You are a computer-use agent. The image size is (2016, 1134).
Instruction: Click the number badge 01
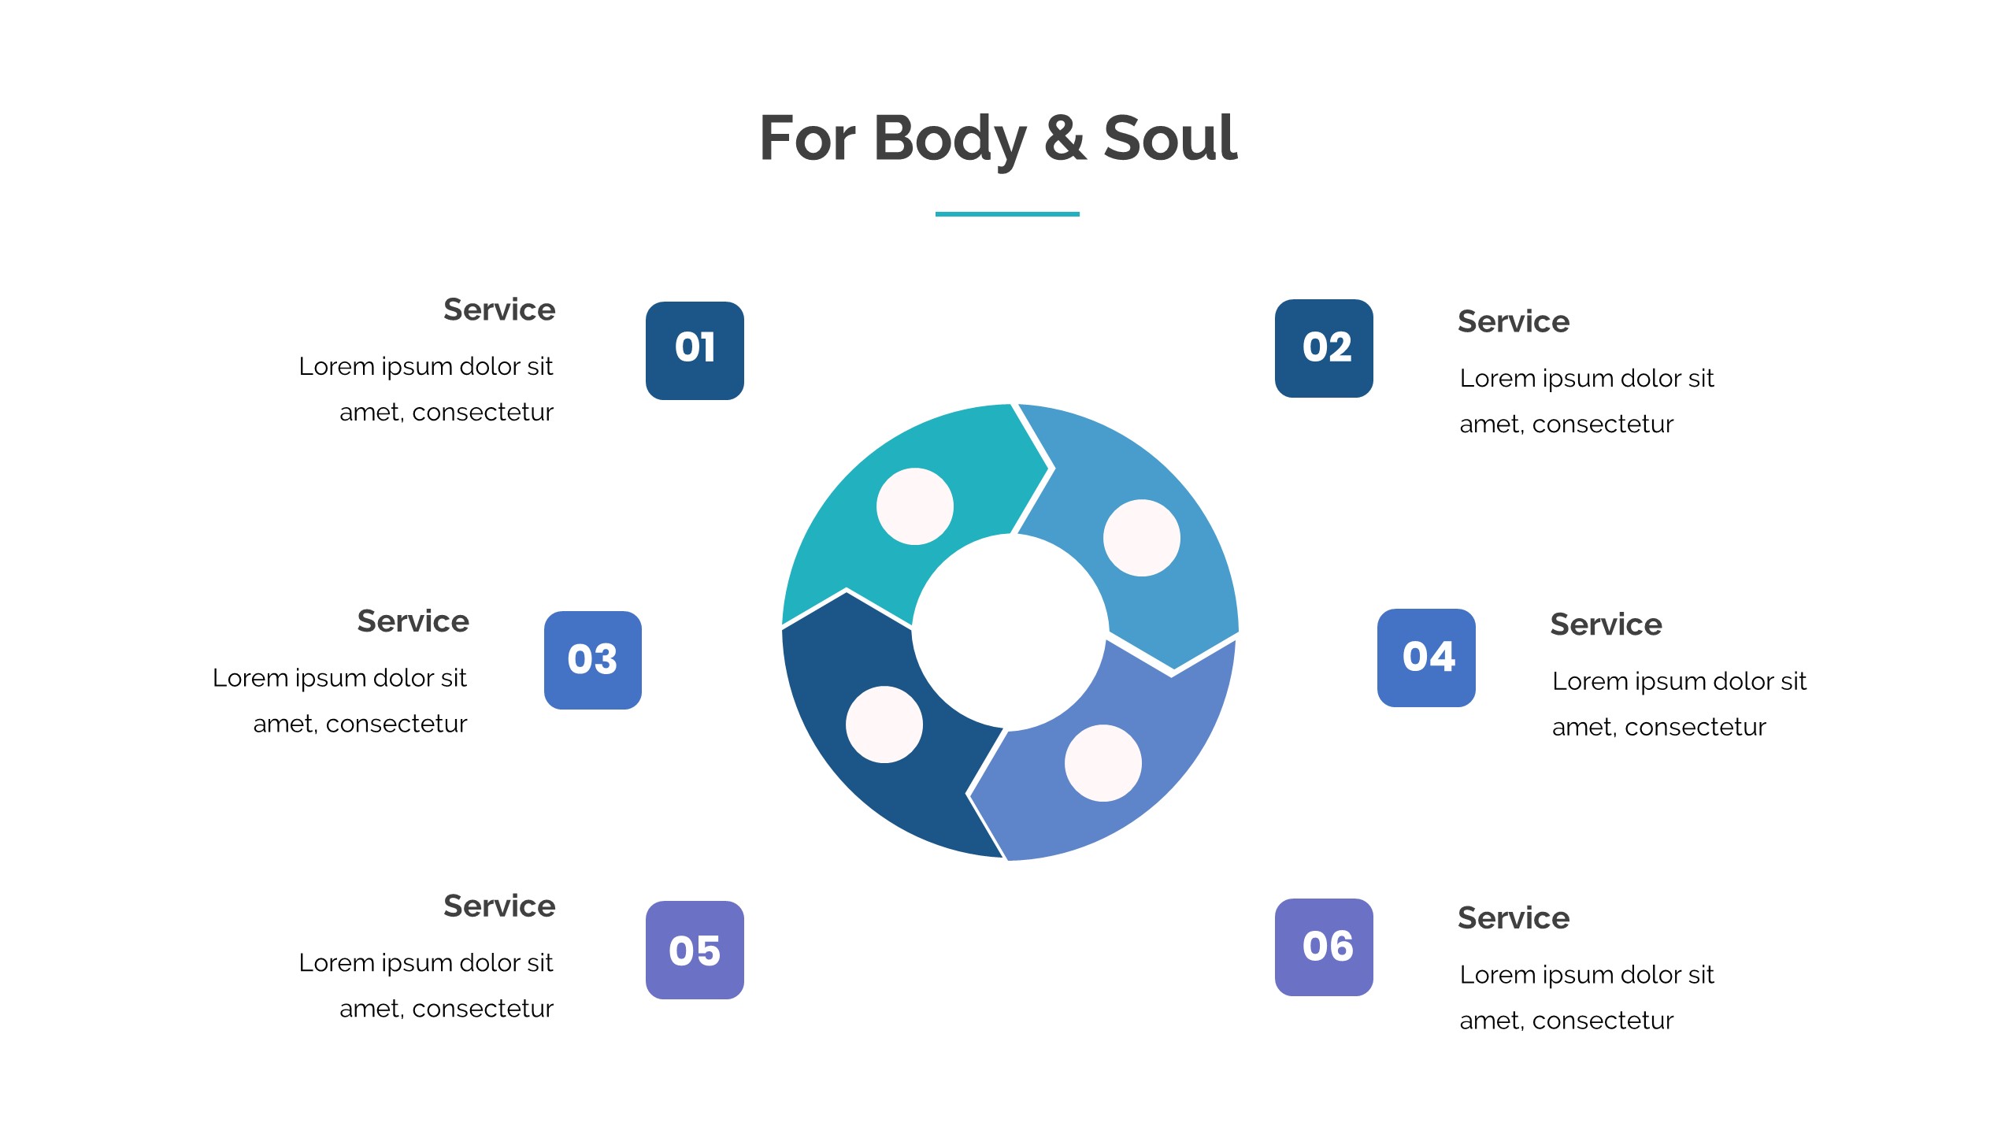click(695, 350)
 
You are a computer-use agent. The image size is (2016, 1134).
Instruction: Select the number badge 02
click(1324, 348)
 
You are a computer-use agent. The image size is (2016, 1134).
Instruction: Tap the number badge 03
click(593, 660)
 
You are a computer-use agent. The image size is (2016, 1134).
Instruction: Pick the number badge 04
click(1426, 658)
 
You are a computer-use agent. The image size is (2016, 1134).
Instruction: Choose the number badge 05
click(695, 950)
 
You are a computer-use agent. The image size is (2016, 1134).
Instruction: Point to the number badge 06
click(1324, 947)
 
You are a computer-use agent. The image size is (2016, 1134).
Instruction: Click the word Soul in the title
click(1170, 139)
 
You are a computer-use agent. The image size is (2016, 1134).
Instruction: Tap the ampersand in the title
click(1065, 139)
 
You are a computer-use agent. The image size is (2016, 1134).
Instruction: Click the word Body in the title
click(950, 140)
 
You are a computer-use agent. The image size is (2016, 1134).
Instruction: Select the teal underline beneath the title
click(1007, 213)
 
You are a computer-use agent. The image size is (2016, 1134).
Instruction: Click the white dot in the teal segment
click(915, 506)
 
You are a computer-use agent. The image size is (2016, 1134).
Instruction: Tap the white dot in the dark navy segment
click(884, 724)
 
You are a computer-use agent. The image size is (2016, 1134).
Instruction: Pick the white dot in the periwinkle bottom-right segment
click(1103, 763)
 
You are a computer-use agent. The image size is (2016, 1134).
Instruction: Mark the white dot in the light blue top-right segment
click(1142, 538)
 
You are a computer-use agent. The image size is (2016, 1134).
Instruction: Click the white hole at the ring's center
click(1010, 632)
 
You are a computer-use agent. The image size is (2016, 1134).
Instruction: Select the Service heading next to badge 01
click(499, 309)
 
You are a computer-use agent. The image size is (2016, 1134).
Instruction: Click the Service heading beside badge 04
click(1606, 624)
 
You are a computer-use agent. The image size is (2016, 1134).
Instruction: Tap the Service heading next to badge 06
click(1514, 918)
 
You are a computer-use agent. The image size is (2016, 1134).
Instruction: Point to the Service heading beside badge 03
click(413, 621)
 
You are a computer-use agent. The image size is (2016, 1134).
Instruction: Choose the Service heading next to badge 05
click(499, 906)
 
